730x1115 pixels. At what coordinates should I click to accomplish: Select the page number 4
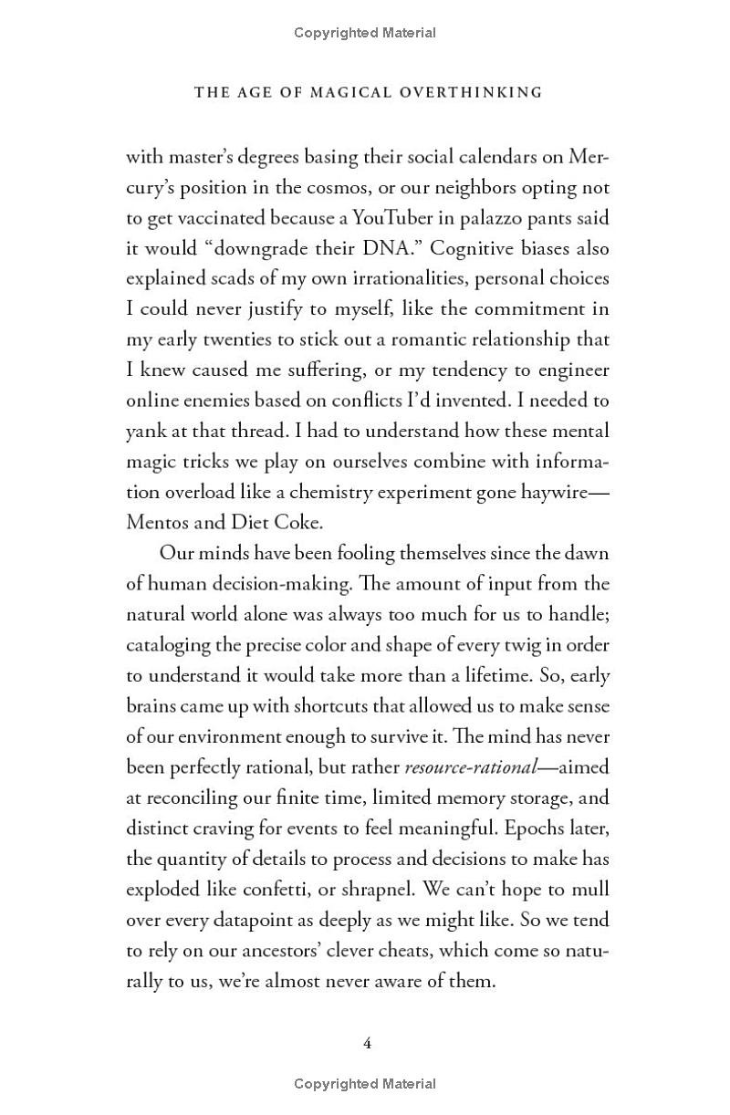[x=367, y=1043]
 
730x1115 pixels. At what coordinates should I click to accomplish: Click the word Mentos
[x=158, y=523]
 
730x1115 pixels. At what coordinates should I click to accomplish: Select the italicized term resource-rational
[x=469, y=767]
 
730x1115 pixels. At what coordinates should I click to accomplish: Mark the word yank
[x=145, y=432]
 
